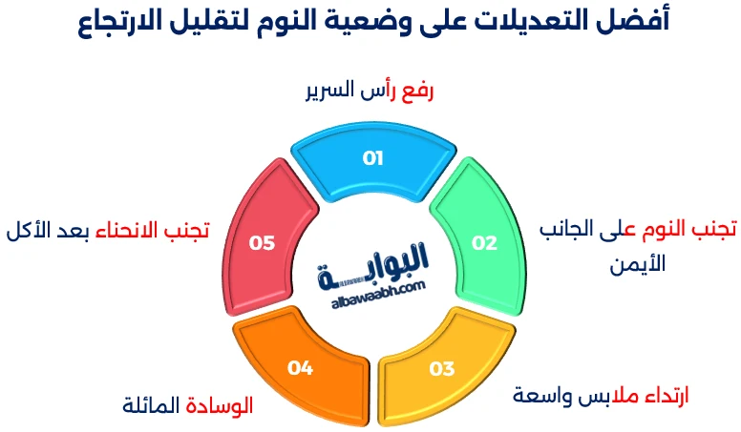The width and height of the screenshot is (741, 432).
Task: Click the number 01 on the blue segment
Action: [372, 158]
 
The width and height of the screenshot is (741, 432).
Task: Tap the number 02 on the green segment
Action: [485, 242]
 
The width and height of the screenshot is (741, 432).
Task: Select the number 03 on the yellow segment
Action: [442, 368]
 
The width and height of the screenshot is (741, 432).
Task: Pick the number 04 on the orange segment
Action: [301, 366]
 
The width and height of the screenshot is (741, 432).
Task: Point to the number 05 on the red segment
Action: [262, 242]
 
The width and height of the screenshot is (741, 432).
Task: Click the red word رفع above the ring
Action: [415, 93]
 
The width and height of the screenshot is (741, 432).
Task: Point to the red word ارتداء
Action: [660, 395]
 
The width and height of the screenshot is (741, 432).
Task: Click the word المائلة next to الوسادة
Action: [151, 405]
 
